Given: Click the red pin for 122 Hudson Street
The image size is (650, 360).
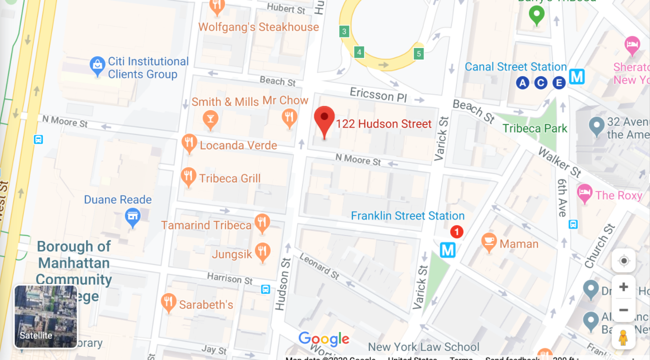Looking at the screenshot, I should [324, 120].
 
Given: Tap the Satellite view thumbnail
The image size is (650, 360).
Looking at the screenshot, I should [46, 316].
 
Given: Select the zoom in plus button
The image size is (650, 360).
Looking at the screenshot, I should [623, 287].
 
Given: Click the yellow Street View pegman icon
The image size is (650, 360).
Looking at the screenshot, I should [623, 337].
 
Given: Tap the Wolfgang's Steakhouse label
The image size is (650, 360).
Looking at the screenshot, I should [258, 27].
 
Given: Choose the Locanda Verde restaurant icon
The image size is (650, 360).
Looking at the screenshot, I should [188, 143].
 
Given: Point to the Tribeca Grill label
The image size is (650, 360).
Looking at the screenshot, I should [230, 178].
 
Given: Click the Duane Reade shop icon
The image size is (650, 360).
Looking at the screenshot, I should [132, 217].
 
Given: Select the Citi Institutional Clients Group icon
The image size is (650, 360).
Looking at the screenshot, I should [97, 65].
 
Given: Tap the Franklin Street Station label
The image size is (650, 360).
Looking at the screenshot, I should [407, 216].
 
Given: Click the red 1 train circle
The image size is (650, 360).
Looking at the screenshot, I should [456, 231].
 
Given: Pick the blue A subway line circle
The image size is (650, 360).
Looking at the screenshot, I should [522, 83].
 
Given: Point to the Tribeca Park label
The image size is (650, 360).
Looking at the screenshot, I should [535, 128].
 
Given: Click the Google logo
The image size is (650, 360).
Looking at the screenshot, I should [324, 339].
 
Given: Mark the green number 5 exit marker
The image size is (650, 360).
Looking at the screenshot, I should [419, 53].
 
